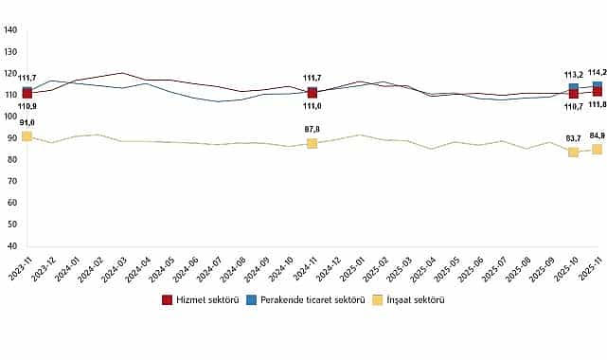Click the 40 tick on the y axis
click(x=13, y=245)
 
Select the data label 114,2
click(x=597, y=72)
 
